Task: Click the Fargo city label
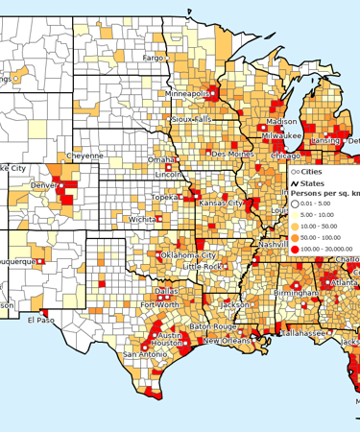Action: (154, 58)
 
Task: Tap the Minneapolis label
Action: (187, 94)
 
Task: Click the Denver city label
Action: (43, 185)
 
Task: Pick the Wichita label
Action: (143, 219)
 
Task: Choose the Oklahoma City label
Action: (188, 255)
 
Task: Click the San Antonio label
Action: (144, 355)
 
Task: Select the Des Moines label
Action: (233, 154)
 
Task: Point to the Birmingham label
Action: (295, 291)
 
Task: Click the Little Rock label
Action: (203, 266)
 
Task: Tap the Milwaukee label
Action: (267, 136)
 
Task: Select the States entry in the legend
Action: (313, 182)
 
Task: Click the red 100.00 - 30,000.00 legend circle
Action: (295, 250)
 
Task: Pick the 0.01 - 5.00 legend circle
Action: (295, 204)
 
